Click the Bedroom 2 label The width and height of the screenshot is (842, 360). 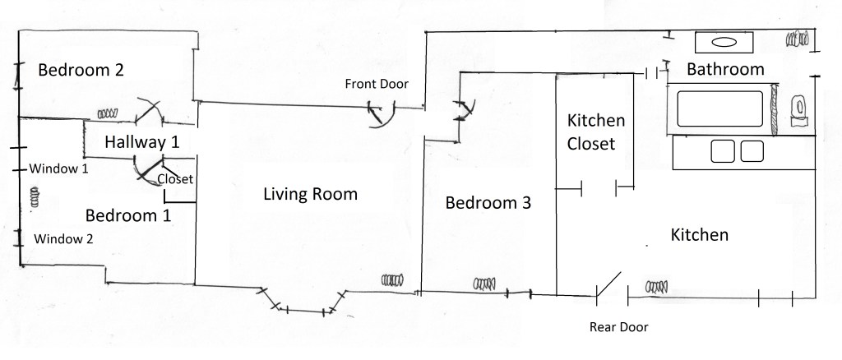tap(81, 70)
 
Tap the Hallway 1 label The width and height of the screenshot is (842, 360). tap(141, 142)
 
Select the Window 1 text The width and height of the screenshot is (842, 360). tap(58, 168)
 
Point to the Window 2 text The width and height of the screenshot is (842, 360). tap(63, 238)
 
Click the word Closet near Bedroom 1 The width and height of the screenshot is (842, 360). tap(175, 178)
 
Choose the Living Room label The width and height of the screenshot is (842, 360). tap(310, 194)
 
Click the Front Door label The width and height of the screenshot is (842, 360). tap(377, 84)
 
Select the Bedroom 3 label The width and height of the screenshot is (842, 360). tap(488, 203)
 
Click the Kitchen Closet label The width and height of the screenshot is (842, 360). tap(595, 132)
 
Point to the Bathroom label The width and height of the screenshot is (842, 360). tap(725, 69)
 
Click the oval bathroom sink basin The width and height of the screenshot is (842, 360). tap(724, 43)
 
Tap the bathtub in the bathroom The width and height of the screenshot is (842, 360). tap(719, 109)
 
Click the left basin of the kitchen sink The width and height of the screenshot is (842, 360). tap(722, 151)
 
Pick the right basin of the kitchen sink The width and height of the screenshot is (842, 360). tap(752, 151)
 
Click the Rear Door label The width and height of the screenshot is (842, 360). tap(618, 327)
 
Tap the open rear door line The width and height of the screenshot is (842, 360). tap(609, 284)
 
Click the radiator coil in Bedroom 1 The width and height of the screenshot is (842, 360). tap(35, 197)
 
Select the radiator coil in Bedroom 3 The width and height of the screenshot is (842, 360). tap(484, 284)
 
